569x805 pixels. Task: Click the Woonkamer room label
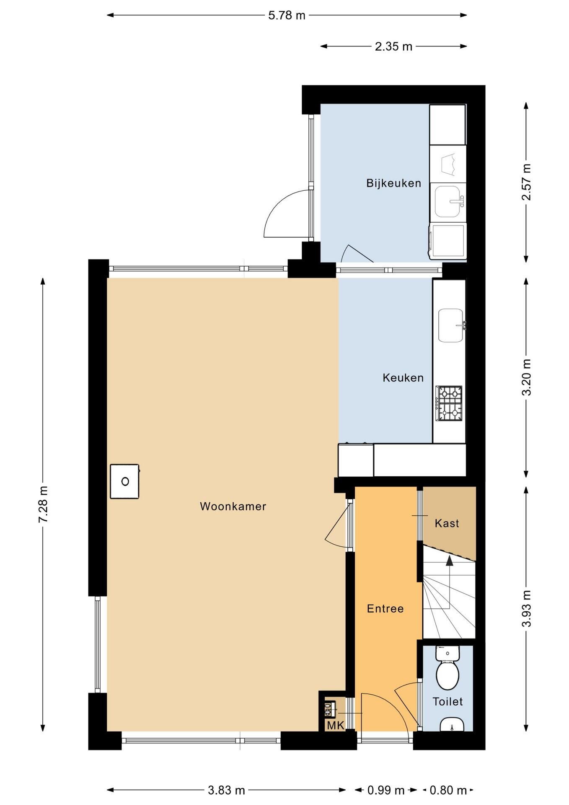(233, 506)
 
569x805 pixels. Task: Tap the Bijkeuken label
(393, 183)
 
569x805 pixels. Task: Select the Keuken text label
(403, 378)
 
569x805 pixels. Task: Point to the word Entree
(385, 608)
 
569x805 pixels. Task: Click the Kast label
(447, 523)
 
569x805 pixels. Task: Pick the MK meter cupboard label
(335, 725)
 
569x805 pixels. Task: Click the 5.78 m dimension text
(287, 16)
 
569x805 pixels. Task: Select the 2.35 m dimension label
(393, 46)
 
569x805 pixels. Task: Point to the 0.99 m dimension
(386, 790)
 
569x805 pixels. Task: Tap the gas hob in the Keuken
(449, 403)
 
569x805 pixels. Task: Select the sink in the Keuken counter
(451, 325)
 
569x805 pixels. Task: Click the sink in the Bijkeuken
(448, 202)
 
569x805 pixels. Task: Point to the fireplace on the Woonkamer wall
(125, 481)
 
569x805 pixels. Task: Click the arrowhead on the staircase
(450, 561)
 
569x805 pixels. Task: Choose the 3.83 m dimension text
(227, 790)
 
